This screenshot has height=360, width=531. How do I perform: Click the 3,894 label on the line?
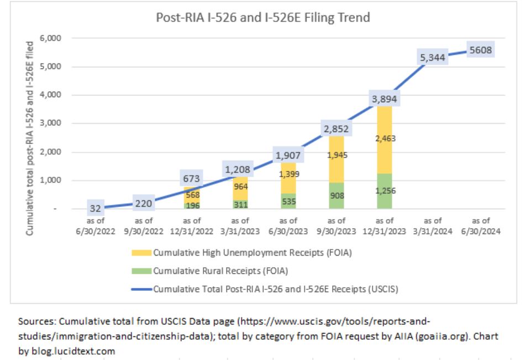click(x=385, y=99)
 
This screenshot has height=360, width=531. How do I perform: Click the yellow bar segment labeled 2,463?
click(x=385, y=138)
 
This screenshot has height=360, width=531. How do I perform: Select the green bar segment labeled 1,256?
click(x=385, y=191)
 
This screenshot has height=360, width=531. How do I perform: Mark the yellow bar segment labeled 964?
click(x=240, y=187)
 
